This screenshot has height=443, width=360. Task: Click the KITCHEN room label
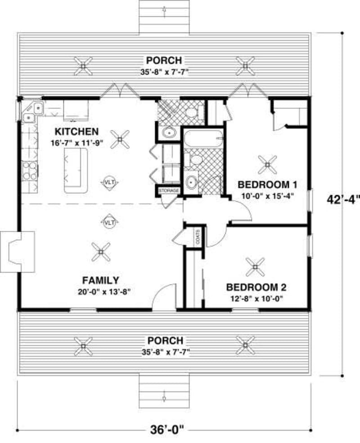tap(76, 131)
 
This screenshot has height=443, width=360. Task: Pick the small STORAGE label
tap(168, 191)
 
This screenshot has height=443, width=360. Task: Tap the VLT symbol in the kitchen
tap(109, 182)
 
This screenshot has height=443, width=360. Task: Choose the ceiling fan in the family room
tap(100, 252)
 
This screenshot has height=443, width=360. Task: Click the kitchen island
tap(75, 170)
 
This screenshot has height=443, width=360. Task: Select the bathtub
tap(203, 138)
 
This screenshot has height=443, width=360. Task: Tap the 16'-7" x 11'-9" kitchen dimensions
tap(76, 143)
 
